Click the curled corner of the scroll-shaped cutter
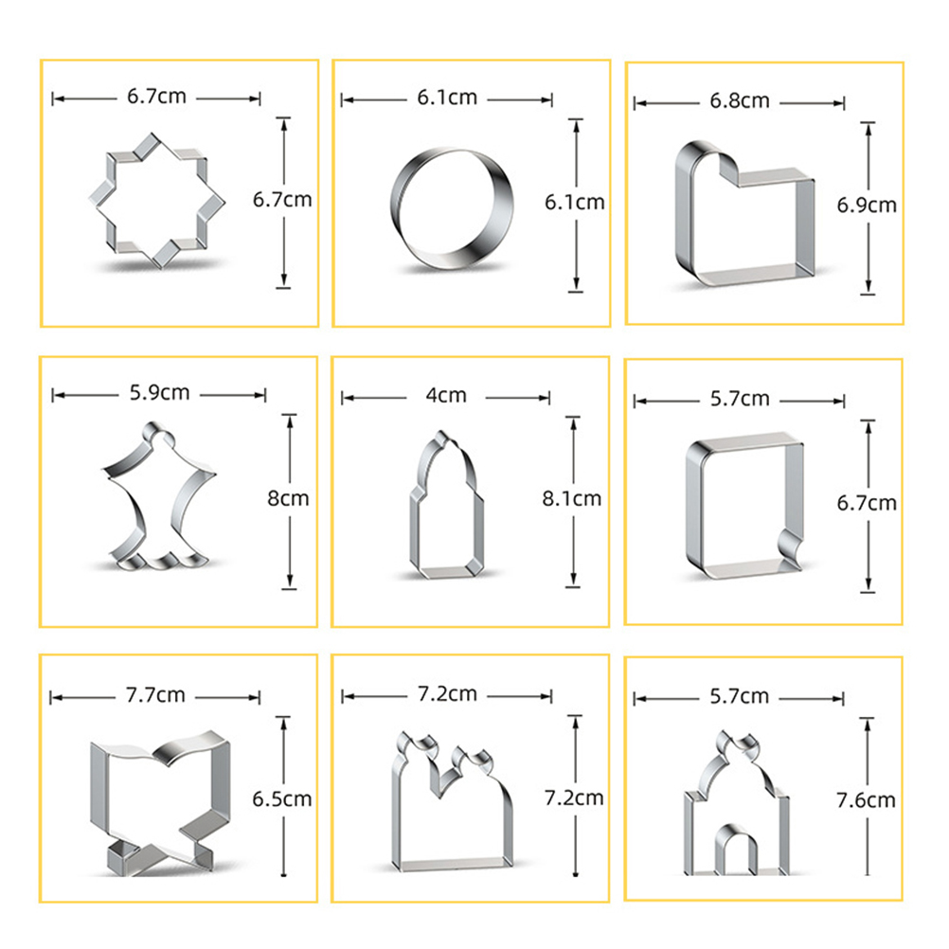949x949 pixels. [790, 545]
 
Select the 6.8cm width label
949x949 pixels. [740, 100]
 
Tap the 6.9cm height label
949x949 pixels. [867, 206]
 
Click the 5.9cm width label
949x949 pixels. [160, 393]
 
